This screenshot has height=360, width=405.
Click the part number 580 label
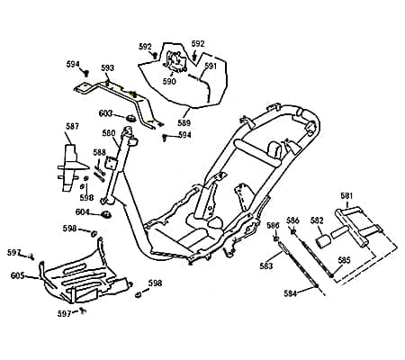point(109,133)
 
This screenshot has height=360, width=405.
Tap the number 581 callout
point(346,196)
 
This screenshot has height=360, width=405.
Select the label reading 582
point(318,220)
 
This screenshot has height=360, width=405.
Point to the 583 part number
point(266,265)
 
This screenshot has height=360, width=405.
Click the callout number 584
point(291,293)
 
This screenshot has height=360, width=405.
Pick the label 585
point(344,260)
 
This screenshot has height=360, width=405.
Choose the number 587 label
point(72,126)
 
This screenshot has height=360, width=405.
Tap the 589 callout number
point(184,122)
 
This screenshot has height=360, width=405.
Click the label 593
point(107,67)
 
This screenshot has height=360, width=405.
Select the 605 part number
point(17,275)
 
